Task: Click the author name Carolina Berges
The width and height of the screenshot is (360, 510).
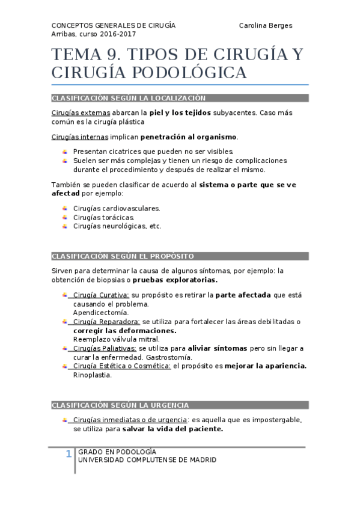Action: (266, 25)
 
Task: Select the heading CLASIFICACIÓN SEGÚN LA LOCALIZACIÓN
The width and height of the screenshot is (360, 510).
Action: (129, 98)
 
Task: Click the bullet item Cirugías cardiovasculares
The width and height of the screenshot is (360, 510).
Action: (117, 208)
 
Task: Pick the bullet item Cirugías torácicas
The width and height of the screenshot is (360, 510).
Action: (103, 217)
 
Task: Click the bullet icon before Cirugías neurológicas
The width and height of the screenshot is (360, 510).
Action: (65, 226)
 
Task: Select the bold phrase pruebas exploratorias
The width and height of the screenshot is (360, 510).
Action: (175, 280)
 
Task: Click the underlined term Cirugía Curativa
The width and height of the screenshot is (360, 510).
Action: (100, 295)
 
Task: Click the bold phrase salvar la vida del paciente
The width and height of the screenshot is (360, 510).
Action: (172, 429)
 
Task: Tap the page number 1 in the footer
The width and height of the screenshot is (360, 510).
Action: (69, 453)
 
